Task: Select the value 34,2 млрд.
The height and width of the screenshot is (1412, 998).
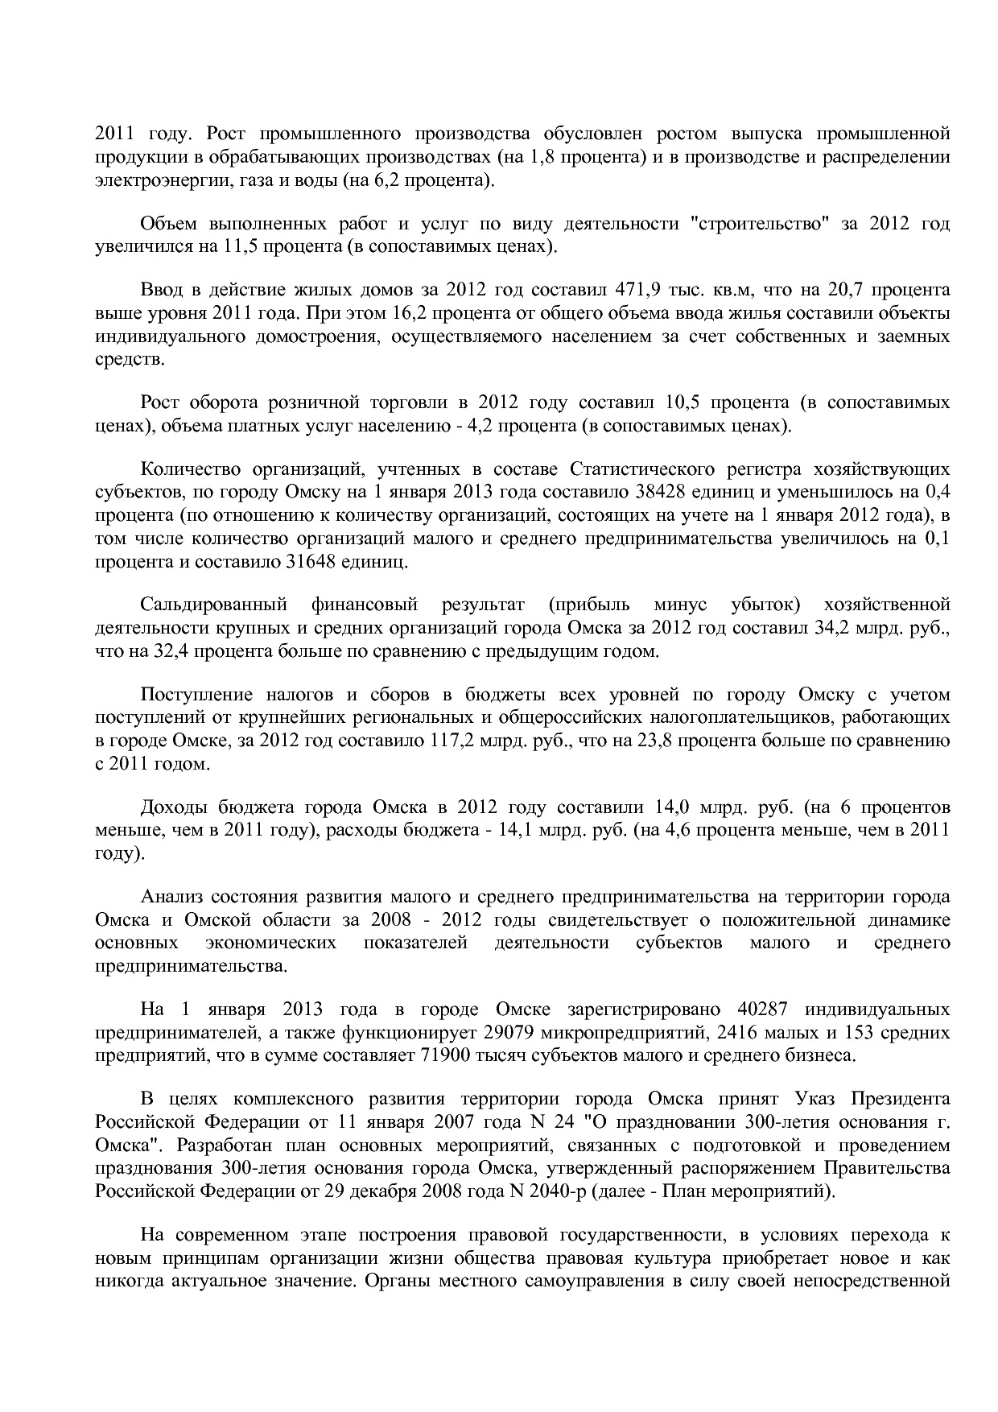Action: click(x=856, y=628)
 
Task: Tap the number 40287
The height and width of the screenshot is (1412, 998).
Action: click(x=761, y=1009)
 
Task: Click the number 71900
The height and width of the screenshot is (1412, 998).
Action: click(x=445, y=1055)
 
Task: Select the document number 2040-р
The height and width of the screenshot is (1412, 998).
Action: click(x=557, y=1191)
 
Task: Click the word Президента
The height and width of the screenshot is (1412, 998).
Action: click(x=901, y=1099)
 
